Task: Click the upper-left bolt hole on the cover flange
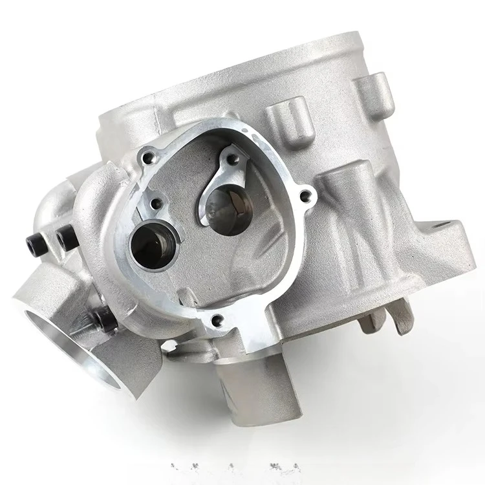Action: (x=150, y=156)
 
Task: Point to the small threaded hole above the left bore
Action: (x=155, y=204)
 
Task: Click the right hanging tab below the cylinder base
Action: (x=402, y=316)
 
